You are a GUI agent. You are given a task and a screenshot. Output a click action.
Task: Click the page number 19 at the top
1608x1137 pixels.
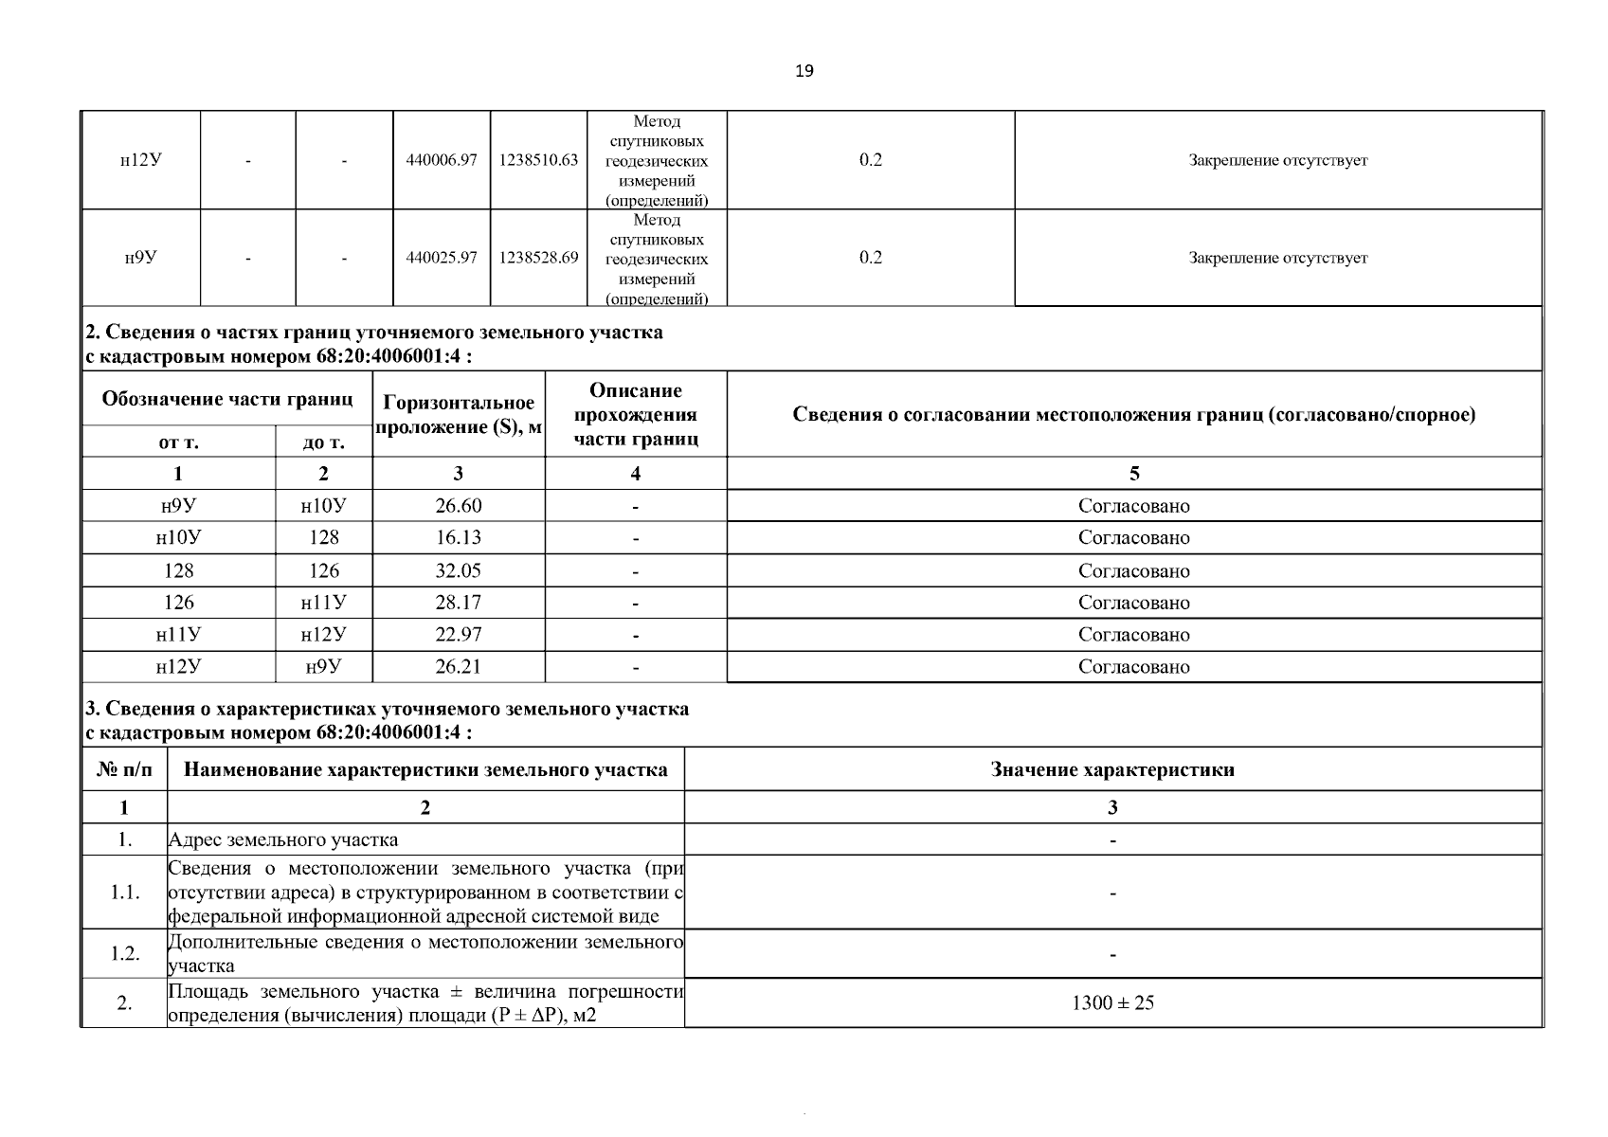click(804, 71)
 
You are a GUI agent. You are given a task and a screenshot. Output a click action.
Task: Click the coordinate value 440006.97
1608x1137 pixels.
click(441, 160)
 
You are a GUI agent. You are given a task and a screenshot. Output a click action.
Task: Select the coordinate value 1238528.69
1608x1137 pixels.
click(538, 258)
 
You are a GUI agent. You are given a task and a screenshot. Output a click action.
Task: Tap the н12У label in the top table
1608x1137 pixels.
click(140, 160)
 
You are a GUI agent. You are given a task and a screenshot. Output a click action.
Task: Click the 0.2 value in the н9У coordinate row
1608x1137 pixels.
click(870, 258)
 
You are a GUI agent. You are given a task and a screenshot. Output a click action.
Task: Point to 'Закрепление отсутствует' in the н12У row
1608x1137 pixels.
click(1277, 160)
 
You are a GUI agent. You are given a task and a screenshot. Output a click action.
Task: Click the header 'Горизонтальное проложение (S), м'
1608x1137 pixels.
click(459, 415)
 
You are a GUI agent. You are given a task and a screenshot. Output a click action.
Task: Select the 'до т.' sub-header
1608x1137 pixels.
click(323, 442)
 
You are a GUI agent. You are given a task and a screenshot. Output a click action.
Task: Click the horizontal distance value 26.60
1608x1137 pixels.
click(459, 506)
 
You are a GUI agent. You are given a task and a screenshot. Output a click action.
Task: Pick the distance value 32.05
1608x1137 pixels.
click(459, 570)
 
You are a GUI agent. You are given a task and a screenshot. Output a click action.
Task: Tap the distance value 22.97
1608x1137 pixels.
click(459, 635)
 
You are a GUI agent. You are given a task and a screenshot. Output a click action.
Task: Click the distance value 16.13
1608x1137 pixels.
click(459, 538)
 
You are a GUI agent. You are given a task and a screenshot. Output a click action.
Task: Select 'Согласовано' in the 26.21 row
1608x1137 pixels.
click(1133, 667)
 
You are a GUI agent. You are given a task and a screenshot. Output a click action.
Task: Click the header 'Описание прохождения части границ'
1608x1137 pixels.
click(636, 415)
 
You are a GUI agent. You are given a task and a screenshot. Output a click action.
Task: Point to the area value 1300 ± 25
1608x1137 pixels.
click(1112, 1002)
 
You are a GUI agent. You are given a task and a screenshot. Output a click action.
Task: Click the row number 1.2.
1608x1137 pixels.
click(124, 953)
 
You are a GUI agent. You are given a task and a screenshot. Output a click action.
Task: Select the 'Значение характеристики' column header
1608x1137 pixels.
click(1112, 769)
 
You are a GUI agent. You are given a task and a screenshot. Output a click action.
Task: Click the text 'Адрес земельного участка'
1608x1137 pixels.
click(283, 839)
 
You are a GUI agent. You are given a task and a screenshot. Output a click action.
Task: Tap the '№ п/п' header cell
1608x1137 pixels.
click(124, 769)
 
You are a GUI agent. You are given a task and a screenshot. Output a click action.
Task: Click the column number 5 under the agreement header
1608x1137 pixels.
click(1133, 474)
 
